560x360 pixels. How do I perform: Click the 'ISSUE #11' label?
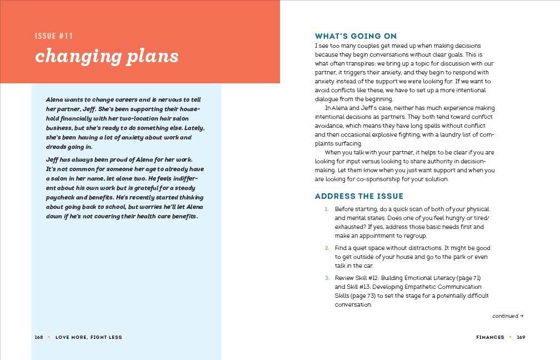coord(54,37)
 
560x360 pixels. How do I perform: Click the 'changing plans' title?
coord(107,57)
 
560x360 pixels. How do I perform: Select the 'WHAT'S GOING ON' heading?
coord(356,36)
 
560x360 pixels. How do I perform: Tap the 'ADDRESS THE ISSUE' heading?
coord(359,196)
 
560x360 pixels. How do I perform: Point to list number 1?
coord(327,209)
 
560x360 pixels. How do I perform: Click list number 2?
coord(327,248)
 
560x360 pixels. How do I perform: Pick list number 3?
coord(327,277)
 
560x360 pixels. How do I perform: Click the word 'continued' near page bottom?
coord(505,316)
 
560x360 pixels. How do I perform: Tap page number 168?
coord(39,337)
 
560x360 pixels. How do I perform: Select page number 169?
coord(521,337)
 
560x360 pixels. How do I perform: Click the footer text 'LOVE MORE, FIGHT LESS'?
coord(88,337)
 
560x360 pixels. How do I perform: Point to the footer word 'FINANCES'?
coord(490,337)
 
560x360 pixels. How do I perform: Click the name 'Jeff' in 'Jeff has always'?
coord(53,160)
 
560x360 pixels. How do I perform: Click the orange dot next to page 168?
coord(49,337)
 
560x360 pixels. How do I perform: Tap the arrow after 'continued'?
coord(522,316)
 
